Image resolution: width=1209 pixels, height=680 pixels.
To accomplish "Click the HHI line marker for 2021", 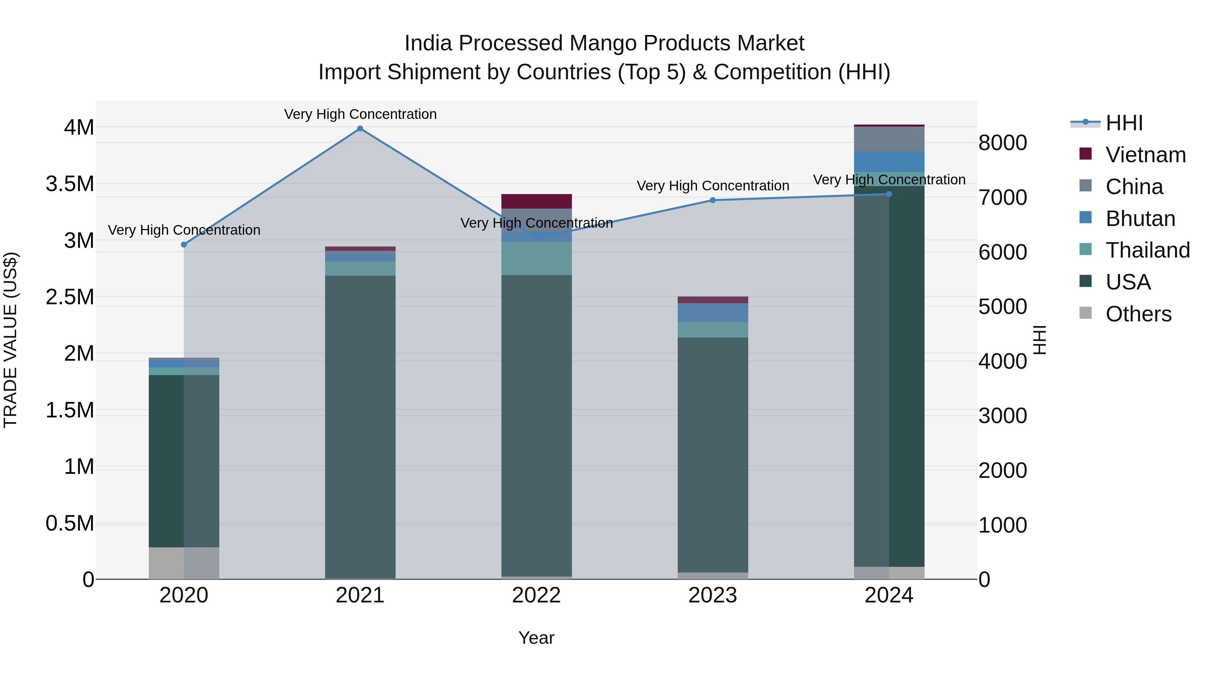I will pyautogui.click(x=360, y=129).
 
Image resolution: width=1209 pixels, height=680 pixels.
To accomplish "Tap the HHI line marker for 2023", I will pyautogui.click(x=712, y=200).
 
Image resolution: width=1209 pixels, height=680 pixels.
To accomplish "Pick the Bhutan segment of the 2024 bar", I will pyautogui.click(x=889, y=162).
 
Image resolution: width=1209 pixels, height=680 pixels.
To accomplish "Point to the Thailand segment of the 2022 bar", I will pyautogui.click(x=536, y=259).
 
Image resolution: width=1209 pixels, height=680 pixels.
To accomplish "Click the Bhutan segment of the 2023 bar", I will pyautogui.click(x=712, y=313).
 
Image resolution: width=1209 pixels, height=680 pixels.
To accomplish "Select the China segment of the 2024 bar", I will pyautogui.click(x=889, y=139).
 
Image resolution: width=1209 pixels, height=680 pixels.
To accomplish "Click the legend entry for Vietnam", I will pyautogui.click(x=1145, y=155).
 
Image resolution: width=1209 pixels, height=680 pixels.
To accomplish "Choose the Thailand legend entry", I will pyautogui.click(x=1148, y=250).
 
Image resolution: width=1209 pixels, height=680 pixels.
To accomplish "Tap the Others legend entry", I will pyautogui.click(x=1138, y=314).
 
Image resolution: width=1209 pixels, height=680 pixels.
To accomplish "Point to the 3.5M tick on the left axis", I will pyautogui.click(x=70, y=184).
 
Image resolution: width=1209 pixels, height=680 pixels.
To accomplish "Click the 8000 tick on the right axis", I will pyautogui.click(x=1002, y=143).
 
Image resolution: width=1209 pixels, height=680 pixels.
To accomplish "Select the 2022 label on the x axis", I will pyautogui.click(x=536, y=595).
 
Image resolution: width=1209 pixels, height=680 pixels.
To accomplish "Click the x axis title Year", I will pyautogui.click(x=536, y=638).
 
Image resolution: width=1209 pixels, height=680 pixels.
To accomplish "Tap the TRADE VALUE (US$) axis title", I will pyautogui.click(x=10, y=340).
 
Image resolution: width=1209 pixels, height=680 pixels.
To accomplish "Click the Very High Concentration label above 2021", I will pyautogui.click(x=360, y=114).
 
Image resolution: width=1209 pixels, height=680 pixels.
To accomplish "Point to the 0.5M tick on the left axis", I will pyautogui.click(x=70, y=523).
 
